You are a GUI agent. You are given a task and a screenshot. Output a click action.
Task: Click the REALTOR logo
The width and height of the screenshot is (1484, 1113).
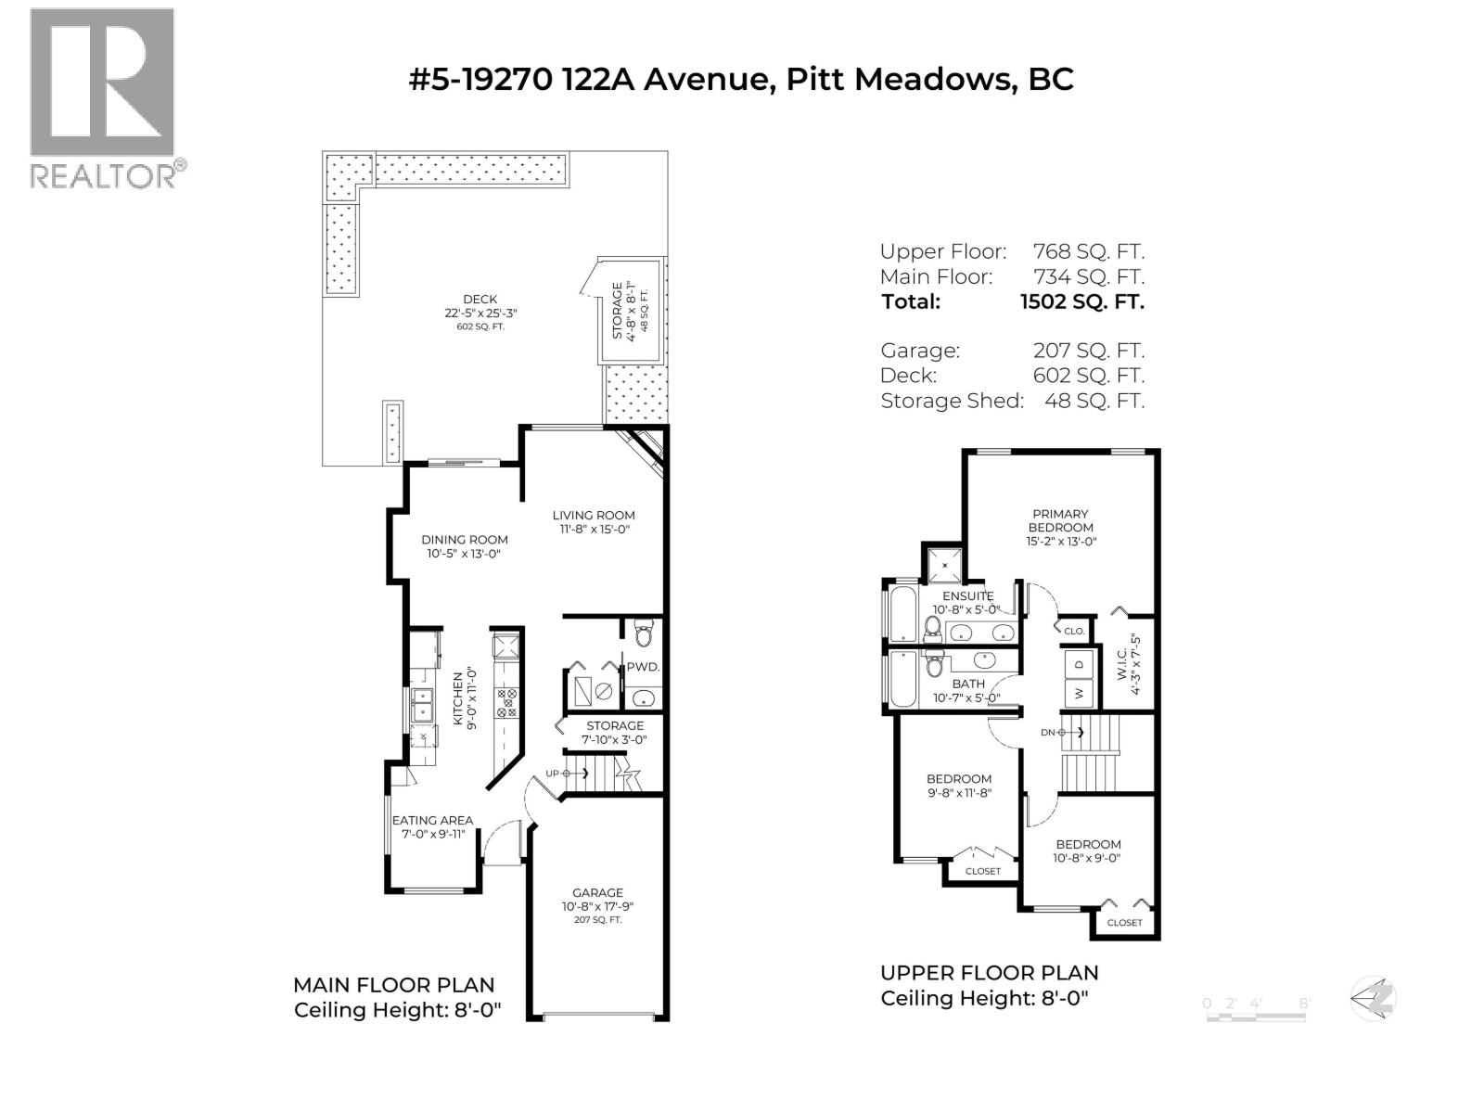click(x=102, y=97)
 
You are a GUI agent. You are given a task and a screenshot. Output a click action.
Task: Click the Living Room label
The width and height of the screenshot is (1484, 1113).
click(x=594, y=516)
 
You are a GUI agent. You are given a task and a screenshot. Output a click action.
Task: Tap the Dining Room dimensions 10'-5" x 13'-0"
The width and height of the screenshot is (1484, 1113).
click(x=464, y=555)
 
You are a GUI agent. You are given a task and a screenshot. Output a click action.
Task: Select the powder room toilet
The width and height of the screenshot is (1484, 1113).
click(x=645, y=633)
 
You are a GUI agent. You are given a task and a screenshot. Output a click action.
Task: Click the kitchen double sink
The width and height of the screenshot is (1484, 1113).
click(x=423, y=706)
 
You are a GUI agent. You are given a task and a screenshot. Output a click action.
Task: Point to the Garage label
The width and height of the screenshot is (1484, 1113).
click(x=597, y=892)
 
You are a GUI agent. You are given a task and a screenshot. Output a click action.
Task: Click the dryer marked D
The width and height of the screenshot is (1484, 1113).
click(x=1079, y=664)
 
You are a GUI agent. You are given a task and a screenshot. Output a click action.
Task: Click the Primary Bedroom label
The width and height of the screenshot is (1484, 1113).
click(x=1060, y=520)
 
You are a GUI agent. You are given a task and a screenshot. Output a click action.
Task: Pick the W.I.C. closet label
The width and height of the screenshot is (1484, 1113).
click(x=1121, y=658)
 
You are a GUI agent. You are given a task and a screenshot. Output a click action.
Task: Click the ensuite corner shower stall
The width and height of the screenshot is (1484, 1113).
click(x=942, y=563)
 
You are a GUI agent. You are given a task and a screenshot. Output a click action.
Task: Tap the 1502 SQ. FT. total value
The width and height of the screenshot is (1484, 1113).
click(x=1081, y=301)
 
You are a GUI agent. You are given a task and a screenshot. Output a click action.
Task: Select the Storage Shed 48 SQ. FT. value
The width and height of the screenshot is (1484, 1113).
click(x=1094, y=401)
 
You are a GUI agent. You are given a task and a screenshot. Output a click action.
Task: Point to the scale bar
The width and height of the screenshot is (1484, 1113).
click(x=1256, y=1015)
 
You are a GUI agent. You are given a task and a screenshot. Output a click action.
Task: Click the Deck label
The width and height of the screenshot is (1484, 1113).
click(x=480, y=299)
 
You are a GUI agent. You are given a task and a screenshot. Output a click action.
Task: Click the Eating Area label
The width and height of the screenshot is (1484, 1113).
click(x=432, y=820)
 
